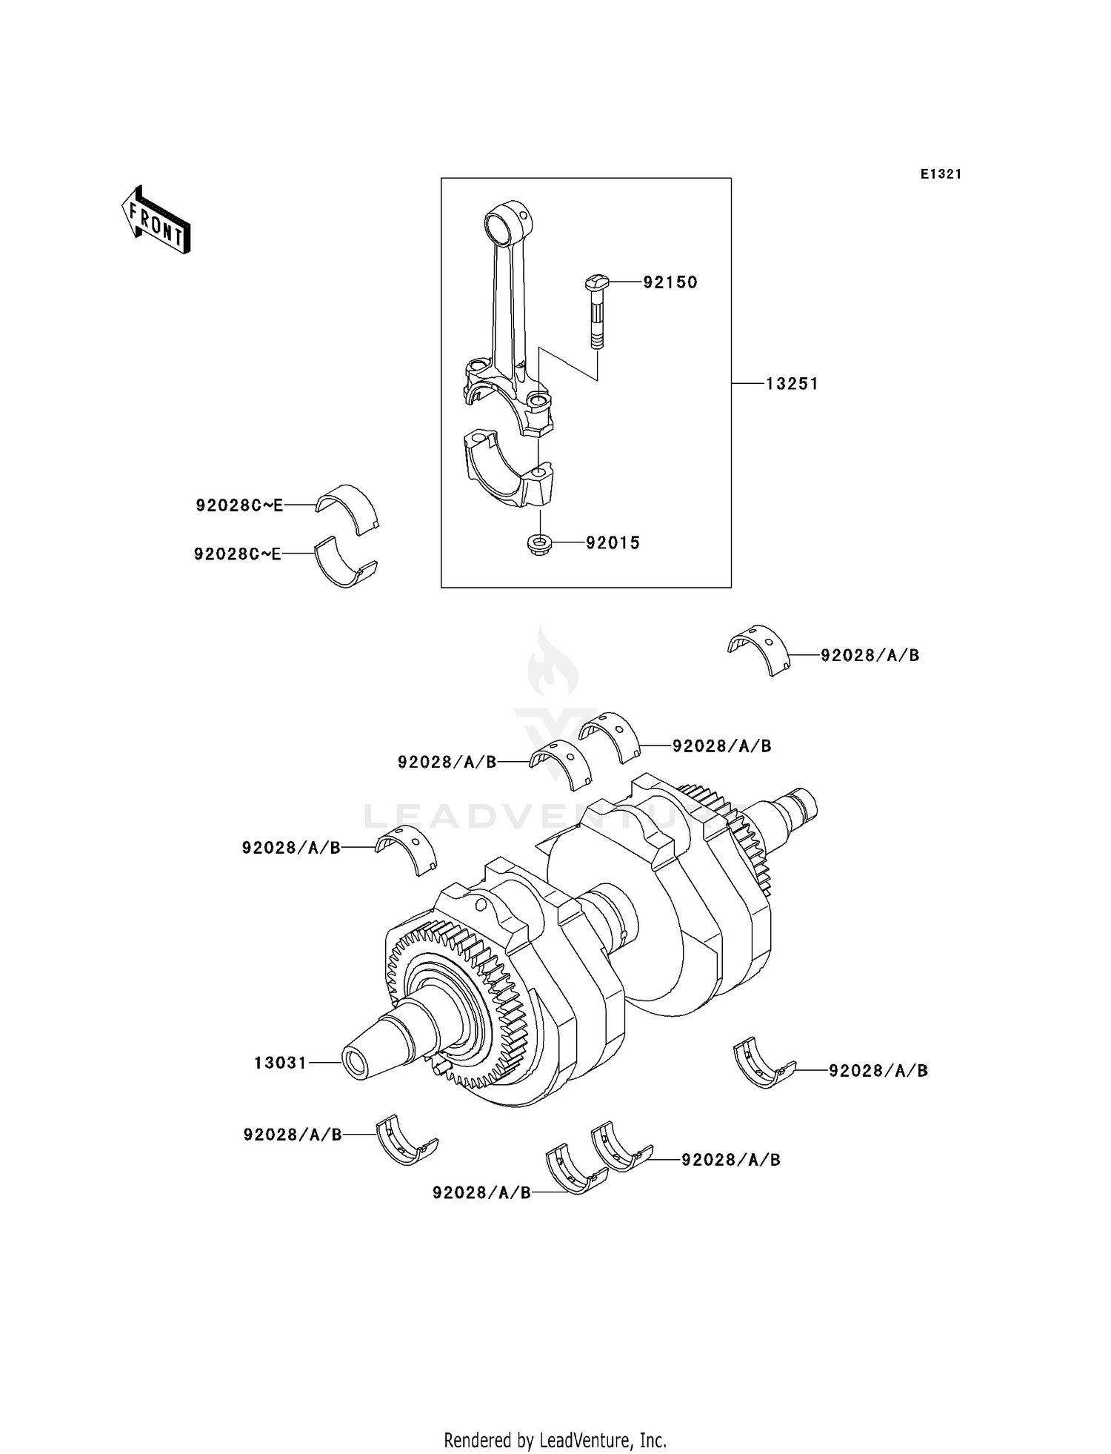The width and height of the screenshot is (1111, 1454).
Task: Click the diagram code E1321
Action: coord(941,174)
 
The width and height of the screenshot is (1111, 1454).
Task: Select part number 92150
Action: coord(670,282)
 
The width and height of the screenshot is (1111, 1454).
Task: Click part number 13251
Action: coord(792,384)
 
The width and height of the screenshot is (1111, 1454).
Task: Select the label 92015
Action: coord(613,543)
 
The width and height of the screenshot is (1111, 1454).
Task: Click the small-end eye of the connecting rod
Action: coord(505,220)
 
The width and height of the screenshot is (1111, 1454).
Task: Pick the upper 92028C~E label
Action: coord(239,505)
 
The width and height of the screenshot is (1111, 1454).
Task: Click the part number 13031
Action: coord(280,1063)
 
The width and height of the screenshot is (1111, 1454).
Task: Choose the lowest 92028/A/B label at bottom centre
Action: coord(481,1192)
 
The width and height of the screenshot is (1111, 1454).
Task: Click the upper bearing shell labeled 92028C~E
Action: coord(347,508)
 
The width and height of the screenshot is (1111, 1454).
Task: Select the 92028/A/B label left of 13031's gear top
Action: coord(291,848)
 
